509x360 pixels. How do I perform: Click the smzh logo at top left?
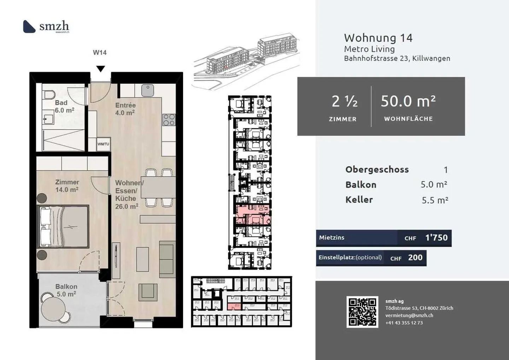click(46, 26)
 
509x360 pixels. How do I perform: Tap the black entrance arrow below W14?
click(101, 69)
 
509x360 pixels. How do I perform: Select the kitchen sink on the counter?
click(148, 90)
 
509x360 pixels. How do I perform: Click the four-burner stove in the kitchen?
click(169, 119)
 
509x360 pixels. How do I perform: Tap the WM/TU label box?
click(103, 144)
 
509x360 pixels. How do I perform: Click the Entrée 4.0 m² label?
click(125, 109)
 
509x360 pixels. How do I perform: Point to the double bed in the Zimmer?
click(63, 226)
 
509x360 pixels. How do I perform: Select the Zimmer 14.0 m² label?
click(67, 186)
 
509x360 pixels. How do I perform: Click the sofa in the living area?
click(166, 259)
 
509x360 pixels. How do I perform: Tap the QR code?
click(362, 312)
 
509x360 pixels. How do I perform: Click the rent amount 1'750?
click(436, 238)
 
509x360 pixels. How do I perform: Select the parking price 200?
click(415, 258)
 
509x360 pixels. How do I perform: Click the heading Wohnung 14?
click(378, 38)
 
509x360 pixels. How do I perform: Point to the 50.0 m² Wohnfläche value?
click(408, 101)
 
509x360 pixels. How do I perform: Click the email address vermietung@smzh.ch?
click(409, 315)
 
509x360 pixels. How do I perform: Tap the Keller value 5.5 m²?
click(435, 200)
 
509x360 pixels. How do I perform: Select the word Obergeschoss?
click(377, 170)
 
